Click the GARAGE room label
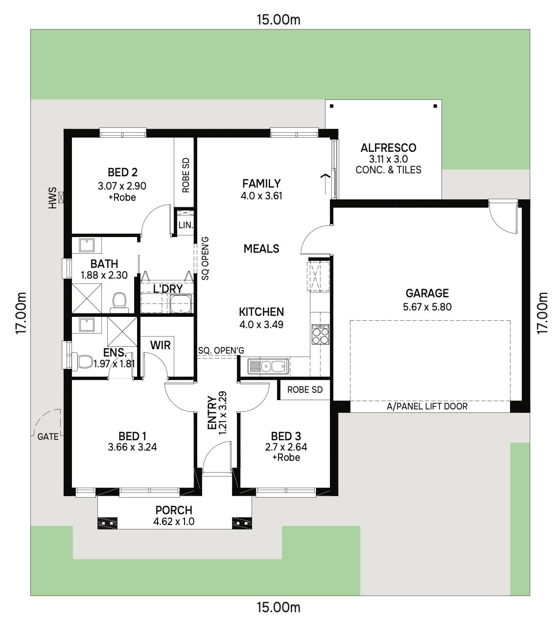(427, 293)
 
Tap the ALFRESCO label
(388, 148)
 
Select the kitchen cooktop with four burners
(320, 334)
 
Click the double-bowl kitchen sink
(268, 366)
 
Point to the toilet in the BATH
(119, 302)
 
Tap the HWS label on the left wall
(53, 198)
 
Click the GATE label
(48, 436)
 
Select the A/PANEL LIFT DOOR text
(427, 407)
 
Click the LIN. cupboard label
(186, 225)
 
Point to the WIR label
(160, 345)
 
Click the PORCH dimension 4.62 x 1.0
(174, 521)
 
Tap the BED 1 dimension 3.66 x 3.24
(132, 447)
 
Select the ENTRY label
(212, 412)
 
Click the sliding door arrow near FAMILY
(325, 184)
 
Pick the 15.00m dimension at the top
(278, 20)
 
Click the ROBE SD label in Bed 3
(305, 389)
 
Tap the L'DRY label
(168, 288)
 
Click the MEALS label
(261, 248)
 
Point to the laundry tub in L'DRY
(181, 304)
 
